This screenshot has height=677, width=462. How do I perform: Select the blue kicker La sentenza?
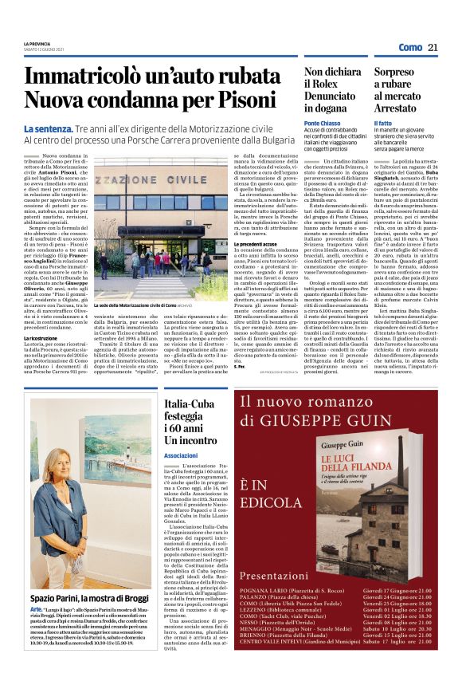pyautogui.click(x=49, y=129)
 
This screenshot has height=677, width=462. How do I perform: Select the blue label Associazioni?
pyautogui.click(x=180, y=455)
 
